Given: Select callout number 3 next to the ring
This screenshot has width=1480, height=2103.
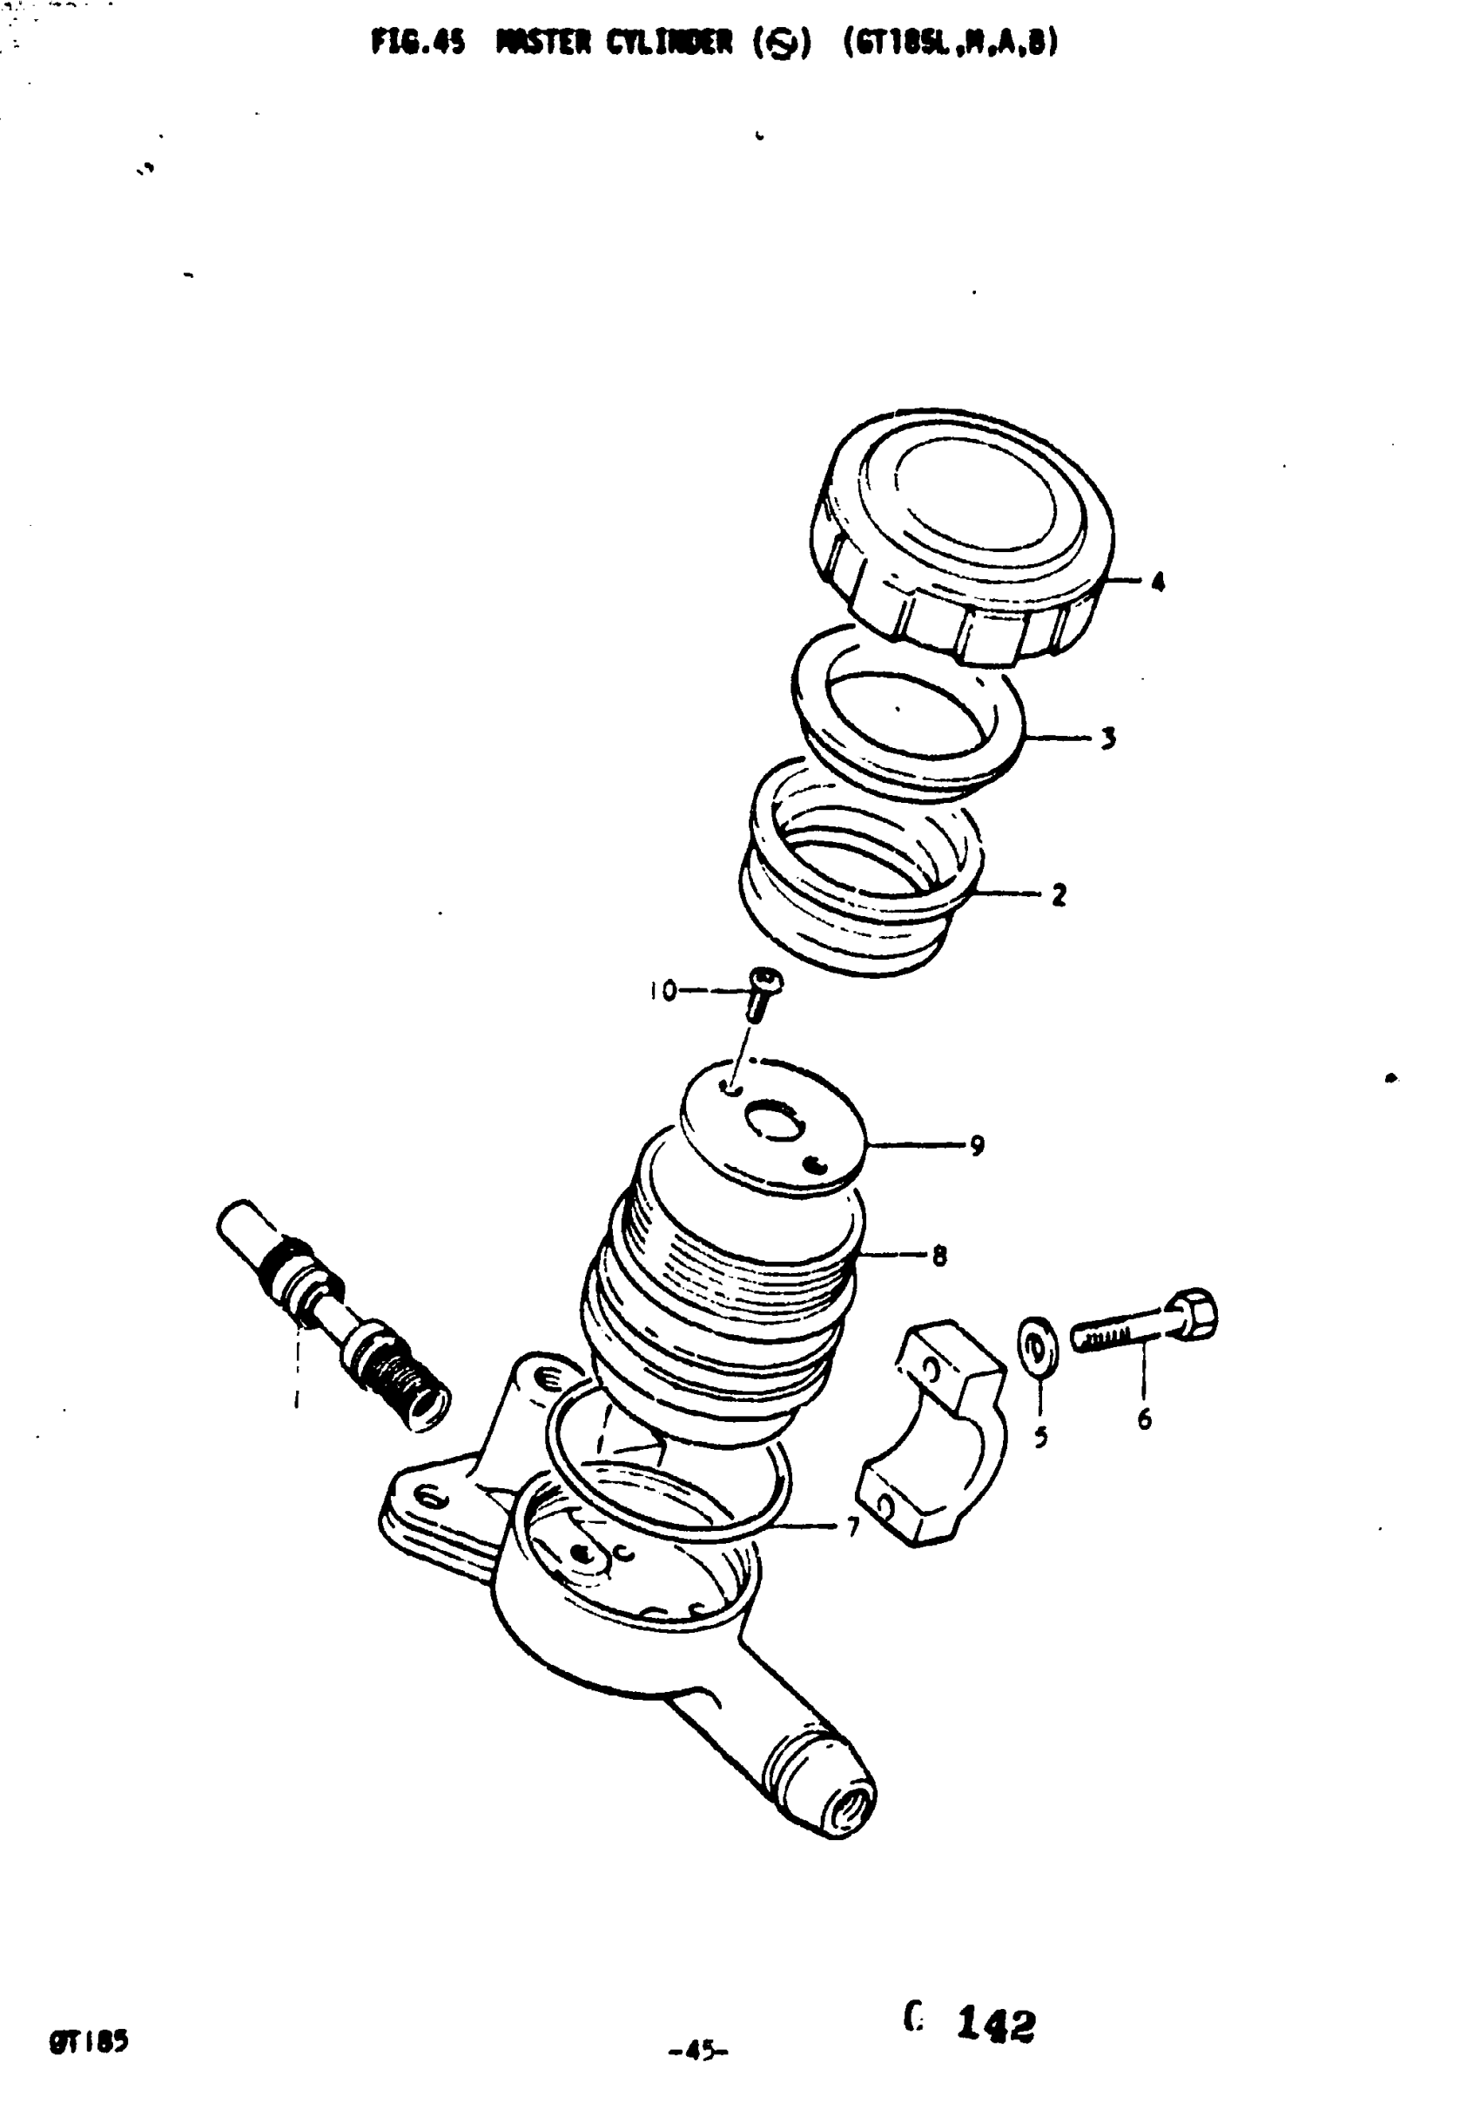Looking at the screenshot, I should click(x=1108, y=738).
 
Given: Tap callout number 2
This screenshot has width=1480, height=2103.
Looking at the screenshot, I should click(x=1059, y=894).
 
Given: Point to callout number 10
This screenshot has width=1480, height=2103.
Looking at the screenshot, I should click(x=663, y=990).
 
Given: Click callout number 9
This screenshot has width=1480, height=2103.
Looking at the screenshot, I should click(x=977, y=1145).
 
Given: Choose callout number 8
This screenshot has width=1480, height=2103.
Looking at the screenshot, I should click(x=938, y=1256).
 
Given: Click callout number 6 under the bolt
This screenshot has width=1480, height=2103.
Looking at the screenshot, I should click(x=1144, y=1419).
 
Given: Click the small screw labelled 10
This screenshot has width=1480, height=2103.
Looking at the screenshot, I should click(x=760, y=994).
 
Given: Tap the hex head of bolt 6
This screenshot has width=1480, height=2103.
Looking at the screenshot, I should click(x=1193, y=1316).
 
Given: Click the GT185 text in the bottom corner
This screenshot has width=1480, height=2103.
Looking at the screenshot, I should click(x=89, y=2042).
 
